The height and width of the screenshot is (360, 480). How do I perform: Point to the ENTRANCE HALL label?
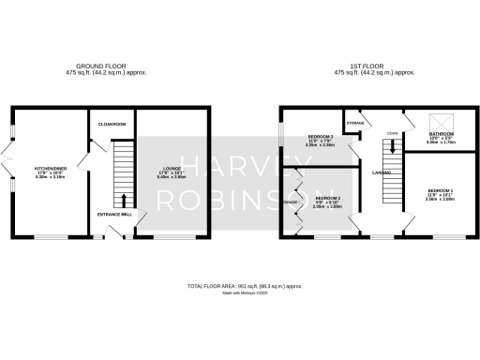pos(114,214)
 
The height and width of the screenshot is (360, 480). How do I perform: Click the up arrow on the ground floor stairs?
pos(124,200)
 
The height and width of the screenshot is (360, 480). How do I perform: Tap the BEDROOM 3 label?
pos(321,137)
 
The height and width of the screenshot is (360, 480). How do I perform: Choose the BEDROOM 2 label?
pos(327,198)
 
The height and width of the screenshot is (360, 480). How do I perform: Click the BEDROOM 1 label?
pos(439,190)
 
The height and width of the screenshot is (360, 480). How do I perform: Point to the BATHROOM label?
pos(442,135)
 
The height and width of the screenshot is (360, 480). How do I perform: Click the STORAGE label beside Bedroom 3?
pos(354,123)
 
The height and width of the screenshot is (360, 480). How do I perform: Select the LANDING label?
pos(381,172)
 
